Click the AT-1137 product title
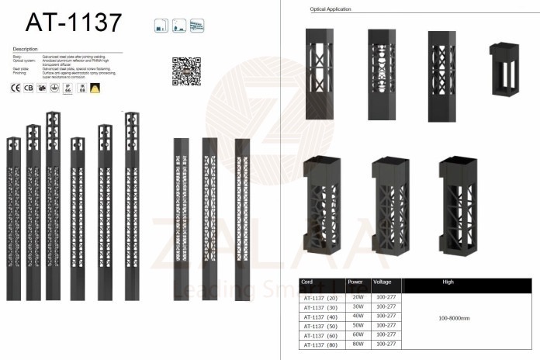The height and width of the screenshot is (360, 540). click(x=74, y=22)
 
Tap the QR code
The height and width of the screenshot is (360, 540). click(x=186, y=71)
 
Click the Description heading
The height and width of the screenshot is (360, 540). click(x=26, y=49)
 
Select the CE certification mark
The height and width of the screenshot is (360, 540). click(x=15, y=88)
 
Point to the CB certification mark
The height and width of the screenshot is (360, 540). click(x=29, y=88)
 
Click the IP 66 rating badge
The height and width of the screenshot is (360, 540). click(x=67, y=88)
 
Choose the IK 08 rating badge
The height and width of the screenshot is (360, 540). click(x=81, y=88)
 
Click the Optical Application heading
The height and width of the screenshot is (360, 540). click(x=331, y=9)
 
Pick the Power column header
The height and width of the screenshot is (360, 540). click(x=355, y=282)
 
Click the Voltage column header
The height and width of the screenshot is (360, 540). click(x=382, y=282)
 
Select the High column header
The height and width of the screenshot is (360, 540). click(x=448, y=282)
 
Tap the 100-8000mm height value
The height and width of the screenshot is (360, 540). click(x=454, y=318)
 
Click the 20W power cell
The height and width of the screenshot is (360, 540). click(x=358, y=296)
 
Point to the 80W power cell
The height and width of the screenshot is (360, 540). click(x=358, y=344)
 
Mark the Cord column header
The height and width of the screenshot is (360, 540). click(x=308, y=282)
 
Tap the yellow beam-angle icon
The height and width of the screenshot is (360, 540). click(x=95, y=88)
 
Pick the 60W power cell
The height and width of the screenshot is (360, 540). click(x=358, y=334)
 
